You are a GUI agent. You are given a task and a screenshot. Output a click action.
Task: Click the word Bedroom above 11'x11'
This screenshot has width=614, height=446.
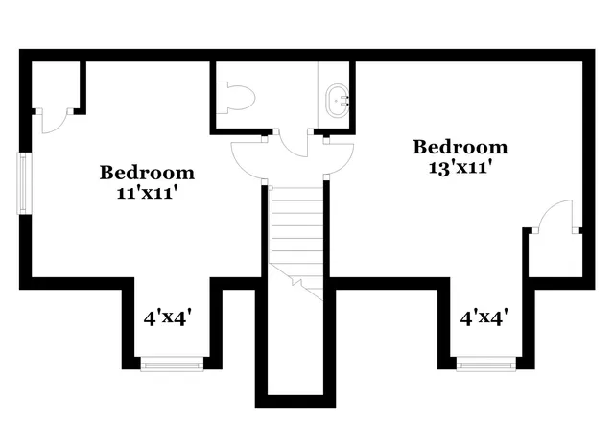pos(148,173)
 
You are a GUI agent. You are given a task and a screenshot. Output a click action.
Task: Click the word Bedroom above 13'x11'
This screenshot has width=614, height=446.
pos(460,147)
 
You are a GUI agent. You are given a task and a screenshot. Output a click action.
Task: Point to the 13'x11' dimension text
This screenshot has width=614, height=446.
pos(460,165)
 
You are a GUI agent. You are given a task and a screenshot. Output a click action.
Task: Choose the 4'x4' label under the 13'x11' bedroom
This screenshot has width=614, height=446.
pos(483,317)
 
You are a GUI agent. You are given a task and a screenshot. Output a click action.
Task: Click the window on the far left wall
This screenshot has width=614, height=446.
pos(23,182)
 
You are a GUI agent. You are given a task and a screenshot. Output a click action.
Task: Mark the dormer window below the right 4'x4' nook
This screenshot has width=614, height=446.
pos(483,363)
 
